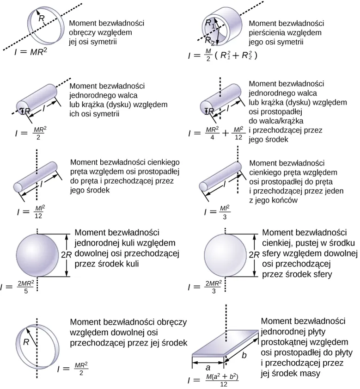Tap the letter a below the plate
208,365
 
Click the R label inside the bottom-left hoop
26,343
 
